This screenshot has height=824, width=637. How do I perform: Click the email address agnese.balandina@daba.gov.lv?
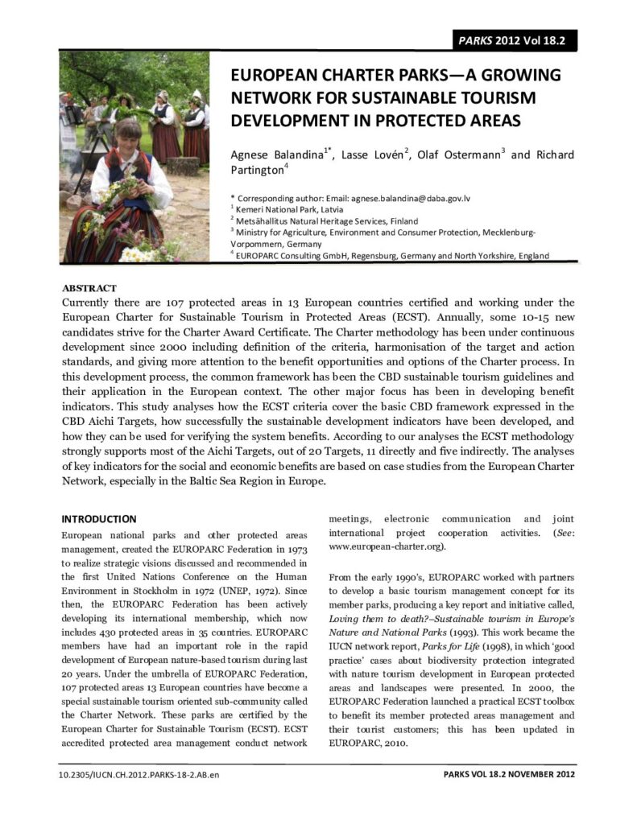point(412,196)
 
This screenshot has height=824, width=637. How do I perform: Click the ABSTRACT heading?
point(89,287)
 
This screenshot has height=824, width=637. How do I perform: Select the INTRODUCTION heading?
point(99,519)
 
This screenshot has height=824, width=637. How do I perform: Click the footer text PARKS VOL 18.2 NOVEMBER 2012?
point(509,774)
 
